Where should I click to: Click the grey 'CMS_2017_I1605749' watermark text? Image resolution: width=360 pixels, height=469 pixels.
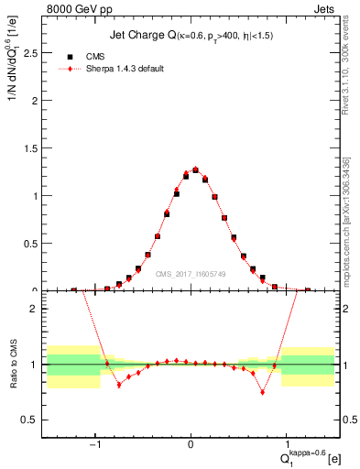[x=191, y=273]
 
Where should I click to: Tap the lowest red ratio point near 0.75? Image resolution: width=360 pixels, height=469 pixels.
[x=262, y=392]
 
